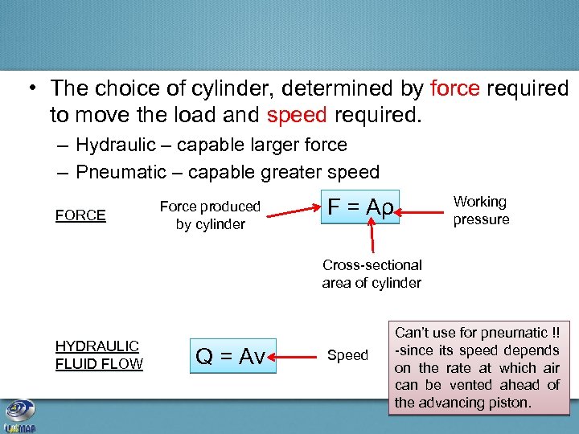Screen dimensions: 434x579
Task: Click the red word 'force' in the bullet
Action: click(x=455, y=88)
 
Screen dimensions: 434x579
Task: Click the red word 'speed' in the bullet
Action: click(x=296, y=115)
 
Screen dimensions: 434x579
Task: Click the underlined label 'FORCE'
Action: click(x=80, y=215)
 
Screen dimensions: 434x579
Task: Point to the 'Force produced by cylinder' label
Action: click(x=210, y=215)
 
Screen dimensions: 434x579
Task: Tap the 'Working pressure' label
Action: click(x=481, y=211)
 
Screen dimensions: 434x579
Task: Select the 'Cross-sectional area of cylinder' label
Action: click(x=372, y=273)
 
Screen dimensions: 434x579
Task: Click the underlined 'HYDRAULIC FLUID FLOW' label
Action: click(x=99, y=355)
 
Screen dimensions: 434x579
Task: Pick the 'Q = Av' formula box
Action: click(x=231, y=356)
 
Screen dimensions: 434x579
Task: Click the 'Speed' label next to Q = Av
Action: click(x=347, y=355)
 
